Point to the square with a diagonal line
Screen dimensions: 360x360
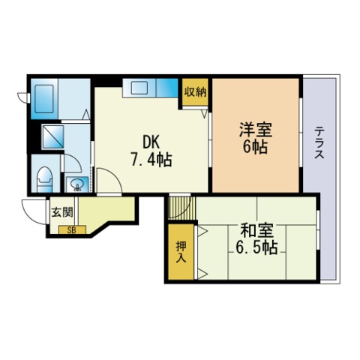pos(54,137)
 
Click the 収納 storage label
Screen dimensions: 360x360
pos(196,91)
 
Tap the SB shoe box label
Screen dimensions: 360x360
pos(72,230)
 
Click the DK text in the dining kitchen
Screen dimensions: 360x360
pos(151,140)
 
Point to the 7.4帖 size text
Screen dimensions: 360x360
pos(151,159)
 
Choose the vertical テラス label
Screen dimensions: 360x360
pos(319,142)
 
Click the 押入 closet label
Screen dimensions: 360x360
pos(181,251)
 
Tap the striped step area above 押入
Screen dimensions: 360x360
pos(179,208)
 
